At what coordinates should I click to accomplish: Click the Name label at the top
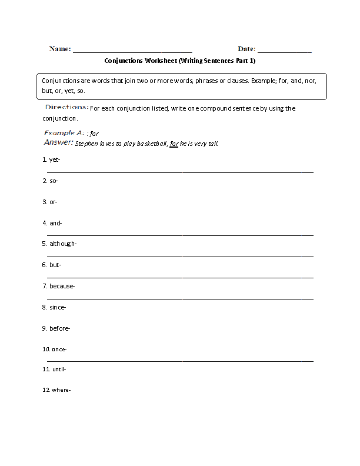[60, 49]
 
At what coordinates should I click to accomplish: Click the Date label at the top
[246, 49]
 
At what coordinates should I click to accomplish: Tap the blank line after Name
[132, 52]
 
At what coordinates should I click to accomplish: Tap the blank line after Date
[285, 52]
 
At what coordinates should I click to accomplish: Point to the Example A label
[64, 133]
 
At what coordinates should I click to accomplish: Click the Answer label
[59, 142]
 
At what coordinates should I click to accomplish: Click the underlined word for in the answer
[174, 143]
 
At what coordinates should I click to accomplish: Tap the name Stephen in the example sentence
[86, 143]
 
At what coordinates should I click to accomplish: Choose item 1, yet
[52, 159]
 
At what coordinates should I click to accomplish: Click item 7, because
[59, 286]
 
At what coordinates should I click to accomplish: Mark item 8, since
[54, 307]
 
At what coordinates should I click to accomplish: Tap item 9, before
[56, 328]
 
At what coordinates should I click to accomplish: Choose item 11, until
[55, 370]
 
